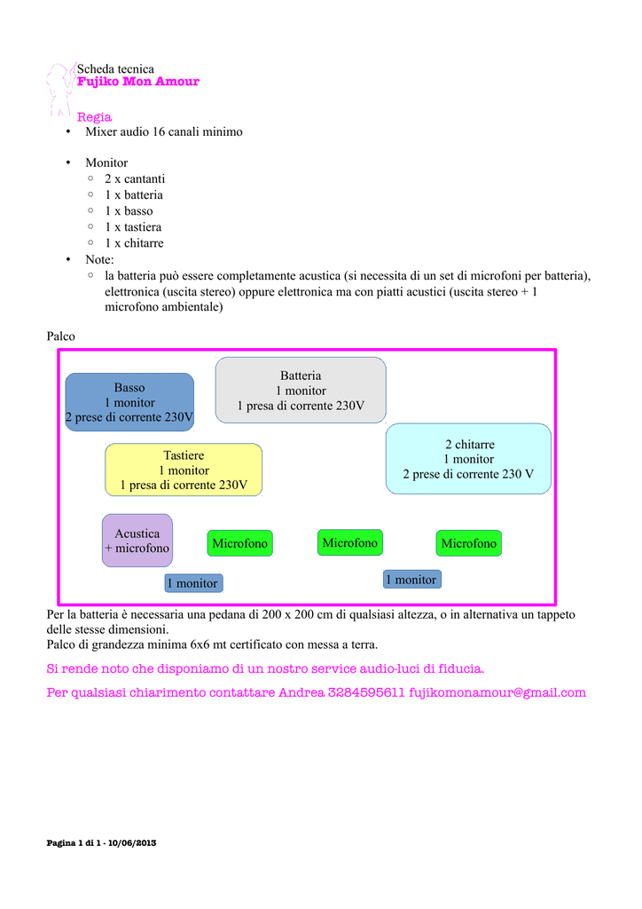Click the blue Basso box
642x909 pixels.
click(x=129, y=401)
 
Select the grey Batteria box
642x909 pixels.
click(x=301, y=391)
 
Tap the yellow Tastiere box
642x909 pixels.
click(x=184, y=470)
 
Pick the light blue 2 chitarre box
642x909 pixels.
click(x=468, y=459)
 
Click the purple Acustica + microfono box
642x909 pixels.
click(x=137, y=541)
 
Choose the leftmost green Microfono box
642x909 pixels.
click(x=239, y=543)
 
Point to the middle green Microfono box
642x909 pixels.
click(x=349, y=542)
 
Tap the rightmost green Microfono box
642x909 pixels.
click(x=469, y=543)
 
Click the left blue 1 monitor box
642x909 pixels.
click(x=194, y=583)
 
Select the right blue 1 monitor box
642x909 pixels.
click(x=411, y=580)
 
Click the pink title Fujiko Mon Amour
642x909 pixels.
click(x=138, y=82)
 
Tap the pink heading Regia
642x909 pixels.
click(x=95, y=117)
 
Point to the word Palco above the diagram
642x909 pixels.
click(x=60, y=337)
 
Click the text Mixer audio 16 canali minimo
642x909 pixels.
click(x=164, y=131)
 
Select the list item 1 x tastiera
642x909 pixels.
click(x=133, y=227)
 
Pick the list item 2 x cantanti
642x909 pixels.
click(x=135, y=178)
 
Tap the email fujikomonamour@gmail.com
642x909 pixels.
click(x=497, y=692)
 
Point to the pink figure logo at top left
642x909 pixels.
click(x=59, y=89)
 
